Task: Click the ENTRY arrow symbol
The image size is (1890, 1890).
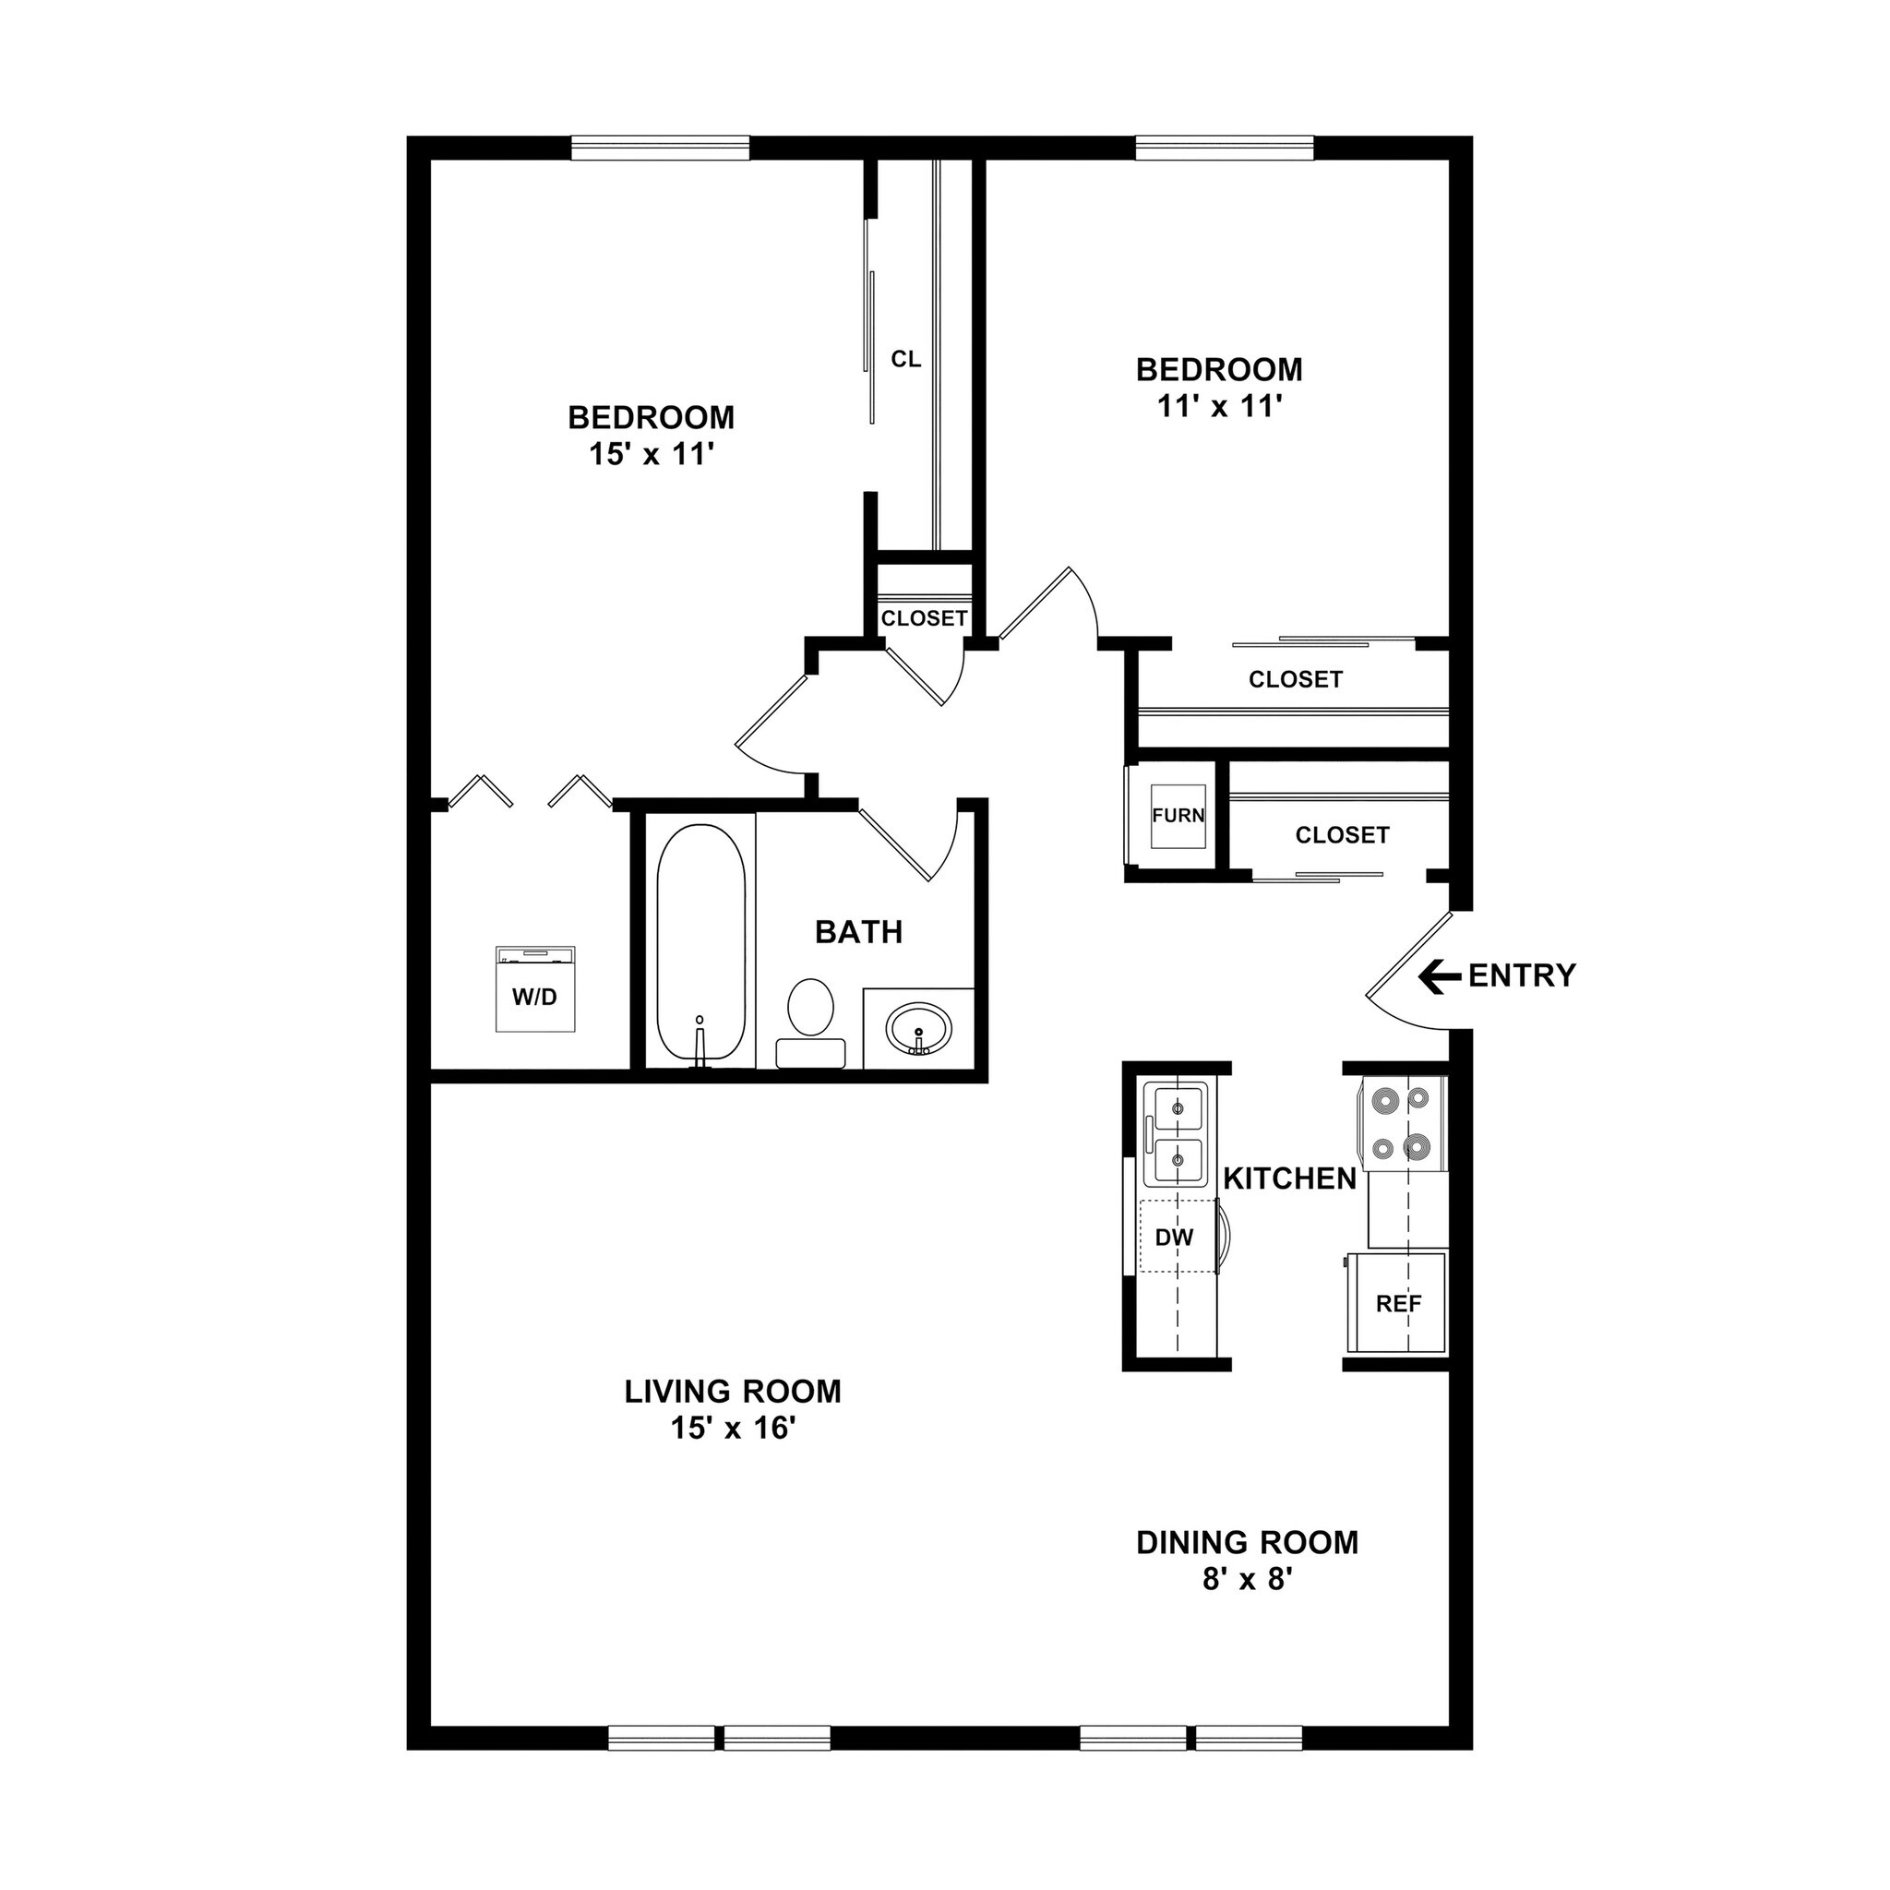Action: point(1440,975)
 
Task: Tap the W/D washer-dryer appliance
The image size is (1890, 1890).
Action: point(534,989)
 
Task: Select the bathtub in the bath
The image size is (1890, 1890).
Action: point(700,943)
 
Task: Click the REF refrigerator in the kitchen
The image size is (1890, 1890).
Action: point(1397,1303)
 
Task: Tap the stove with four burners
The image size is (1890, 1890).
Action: point(1400,1123)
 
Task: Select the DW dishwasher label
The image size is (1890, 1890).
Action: point(1174,1238)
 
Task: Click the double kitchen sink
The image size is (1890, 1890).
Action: point(1178,1135)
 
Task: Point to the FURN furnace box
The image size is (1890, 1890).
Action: point(1178,816)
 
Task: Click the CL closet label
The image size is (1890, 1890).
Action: point(906,359)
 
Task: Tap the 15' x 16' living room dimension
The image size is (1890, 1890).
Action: point(732,1429)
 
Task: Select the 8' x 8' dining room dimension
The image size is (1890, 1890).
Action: point(1248,1580)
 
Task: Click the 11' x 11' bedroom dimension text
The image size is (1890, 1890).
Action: point(1219,407)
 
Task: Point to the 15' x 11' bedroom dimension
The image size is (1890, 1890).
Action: point(651,455)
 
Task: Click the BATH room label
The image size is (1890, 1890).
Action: point(858,932)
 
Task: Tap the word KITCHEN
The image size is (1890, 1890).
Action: point(1289,1179)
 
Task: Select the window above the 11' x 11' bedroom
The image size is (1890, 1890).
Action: point(1224,149)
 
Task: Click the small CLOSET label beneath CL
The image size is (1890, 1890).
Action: point(924,618)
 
